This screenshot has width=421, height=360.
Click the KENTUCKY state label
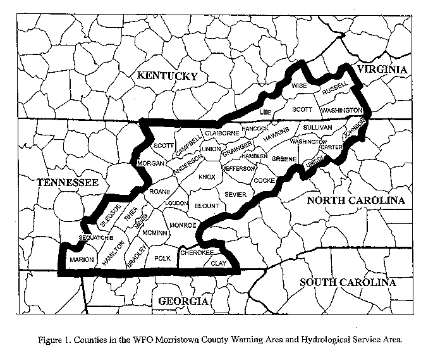tap(168, 76)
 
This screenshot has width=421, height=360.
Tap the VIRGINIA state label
tap(381, 69)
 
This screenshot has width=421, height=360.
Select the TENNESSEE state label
tap(68, 183)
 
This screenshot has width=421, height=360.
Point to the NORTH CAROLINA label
tap(355, 201)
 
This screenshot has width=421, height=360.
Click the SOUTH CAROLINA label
tap(348, 282)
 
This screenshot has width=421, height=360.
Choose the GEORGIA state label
tap(183, 301)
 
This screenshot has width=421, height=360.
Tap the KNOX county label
tap(207, 178)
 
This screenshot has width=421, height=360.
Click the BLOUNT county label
tap(206, 206)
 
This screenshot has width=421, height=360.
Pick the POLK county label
tap(163, 258)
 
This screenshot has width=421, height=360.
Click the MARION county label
tap(81, 259)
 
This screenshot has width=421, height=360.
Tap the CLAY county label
tap(218, 263)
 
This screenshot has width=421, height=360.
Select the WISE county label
tap(299, 84)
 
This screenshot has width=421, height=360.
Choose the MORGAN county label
tap(150, 164)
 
